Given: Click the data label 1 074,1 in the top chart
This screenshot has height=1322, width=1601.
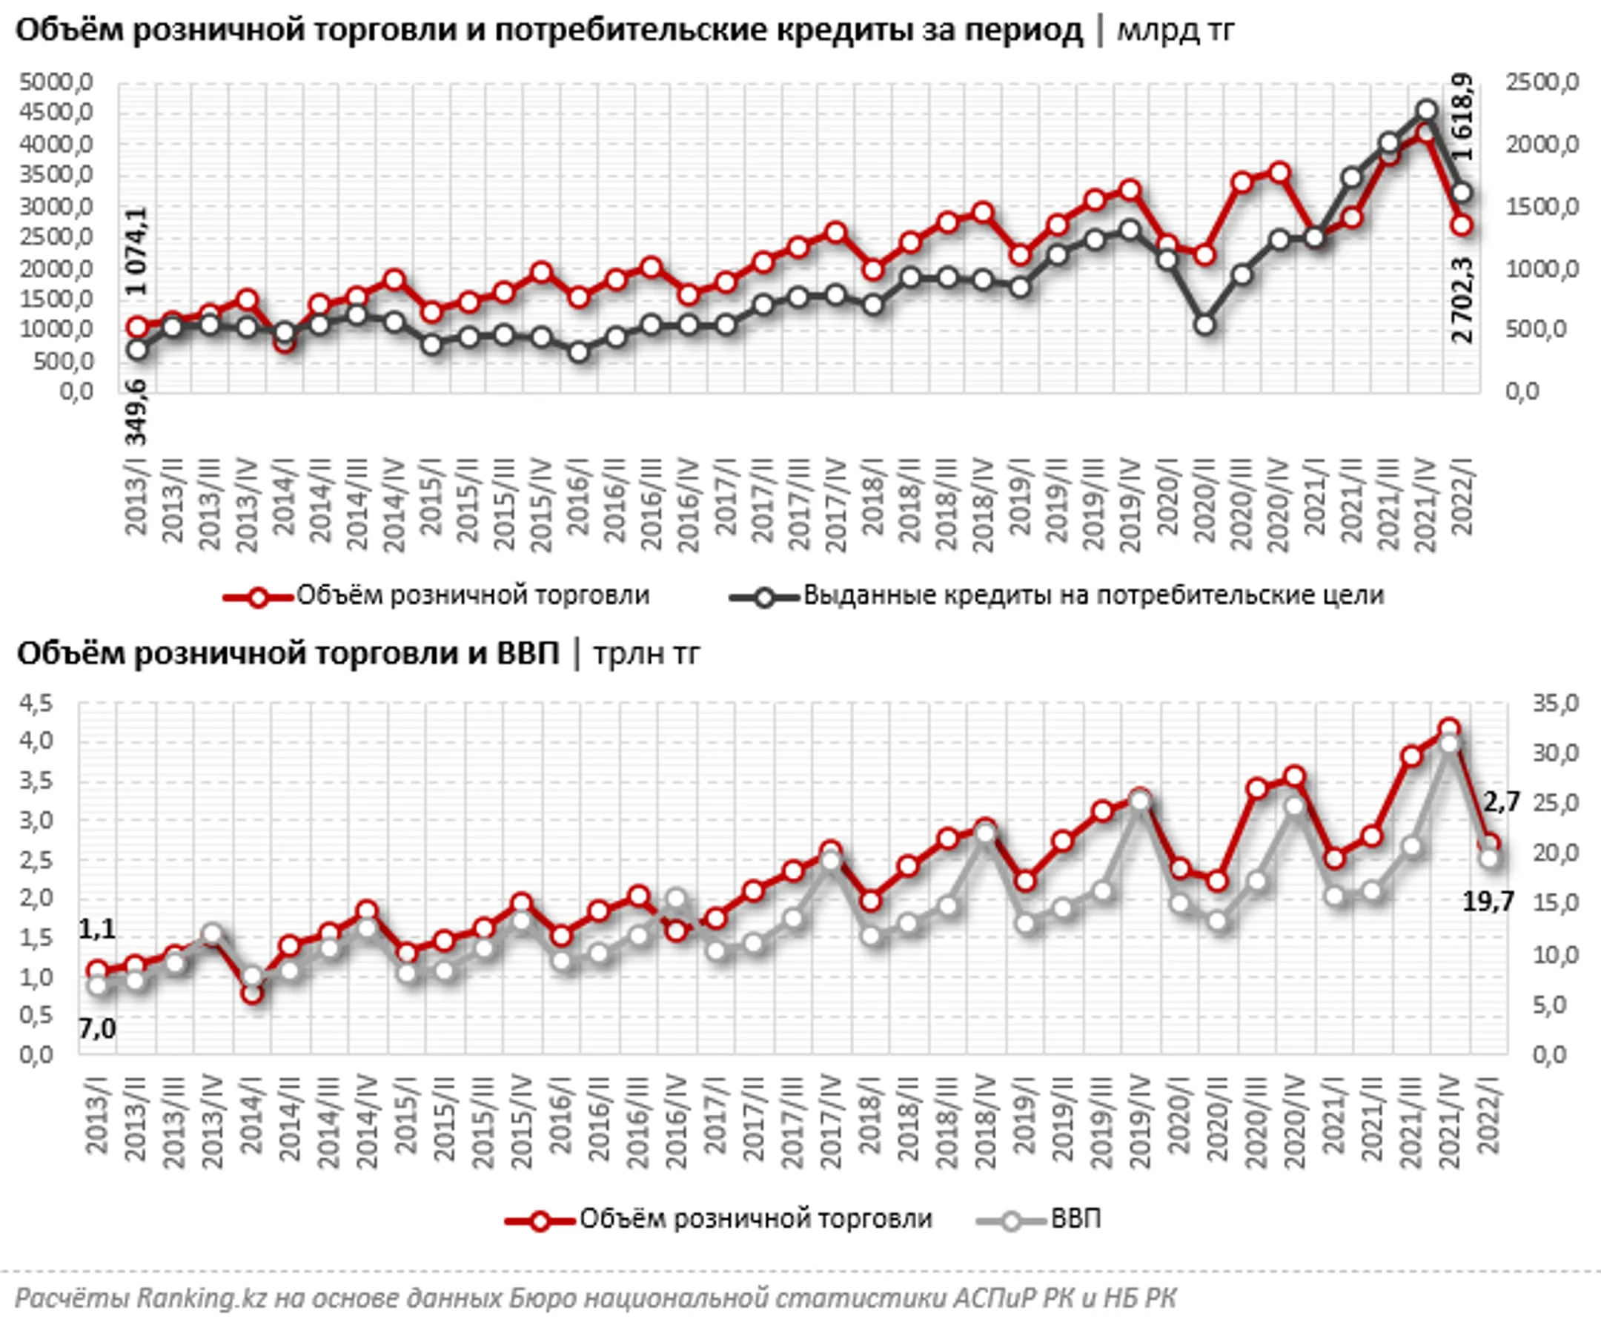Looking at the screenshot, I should [x=137, y=251].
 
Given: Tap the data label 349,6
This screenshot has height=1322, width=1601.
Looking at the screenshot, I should [x=137, y=417].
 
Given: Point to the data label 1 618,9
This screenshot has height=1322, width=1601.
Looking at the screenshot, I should [x=1462, y=116].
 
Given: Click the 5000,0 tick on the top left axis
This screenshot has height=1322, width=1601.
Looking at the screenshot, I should [x=56, y=82].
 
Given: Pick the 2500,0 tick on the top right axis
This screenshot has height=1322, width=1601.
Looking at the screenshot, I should [x=1542, y=82].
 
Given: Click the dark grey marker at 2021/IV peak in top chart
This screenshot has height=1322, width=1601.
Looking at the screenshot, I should [x=1427, y=111].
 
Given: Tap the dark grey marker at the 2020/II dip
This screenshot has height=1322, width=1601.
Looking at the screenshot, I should [x=1204, y=325].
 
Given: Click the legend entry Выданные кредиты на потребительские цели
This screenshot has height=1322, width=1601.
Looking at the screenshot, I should [x=1093, y=595].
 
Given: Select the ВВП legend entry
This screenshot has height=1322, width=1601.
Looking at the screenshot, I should [x=1075, y=1219].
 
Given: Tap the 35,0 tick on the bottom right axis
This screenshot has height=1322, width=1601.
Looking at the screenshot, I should [x=1555, y=704].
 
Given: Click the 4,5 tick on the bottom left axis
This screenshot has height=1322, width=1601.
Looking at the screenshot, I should [x=37, y=704].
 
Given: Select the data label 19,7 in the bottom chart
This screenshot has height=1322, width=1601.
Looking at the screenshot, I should [x=1488, y=902].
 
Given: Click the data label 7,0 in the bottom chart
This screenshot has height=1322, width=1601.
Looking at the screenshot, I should [x=97, y=1030].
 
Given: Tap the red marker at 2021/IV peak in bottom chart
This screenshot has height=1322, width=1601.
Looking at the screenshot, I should [x=1450, y=728].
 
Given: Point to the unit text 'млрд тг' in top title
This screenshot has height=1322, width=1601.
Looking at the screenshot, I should [x=1176, y=30].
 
